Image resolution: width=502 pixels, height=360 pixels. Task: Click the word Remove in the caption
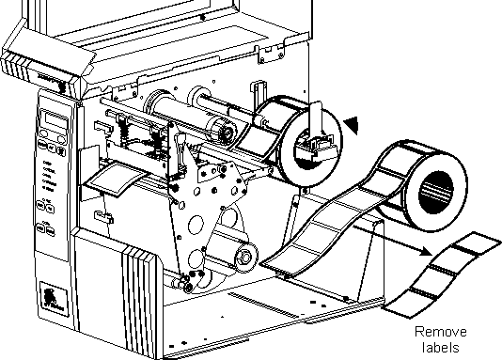click(441, 332)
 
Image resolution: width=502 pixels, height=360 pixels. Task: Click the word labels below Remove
click(441, 347)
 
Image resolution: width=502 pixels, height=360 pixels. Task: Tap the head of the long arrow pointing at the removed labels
click(426, 250)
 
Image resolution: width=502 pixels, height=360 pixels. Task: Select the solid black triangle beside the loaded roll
click(352, 124)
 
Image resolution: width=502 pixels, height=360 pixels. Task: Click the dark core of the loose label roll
click(436, 193)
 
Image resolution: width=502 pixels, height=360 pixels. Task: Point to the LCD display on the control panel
click(55, 119)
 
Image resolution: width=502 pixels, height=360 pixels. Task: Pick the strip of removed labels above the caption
click(442, 275)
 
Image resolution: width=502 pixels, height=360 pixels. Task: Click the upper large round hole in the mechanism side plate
click(196, 225)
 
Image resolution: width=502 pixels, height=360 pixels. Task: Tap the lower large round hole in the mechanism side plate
click(196, 258)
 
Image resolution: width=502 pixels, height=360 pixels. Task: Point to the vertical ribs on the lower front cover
click(138, 294)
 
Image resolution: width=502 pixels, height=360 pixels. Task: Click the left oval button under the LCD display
click(44, 133)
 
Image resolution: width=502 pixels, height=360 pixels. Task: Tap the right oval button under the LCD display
click(61, 138)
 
